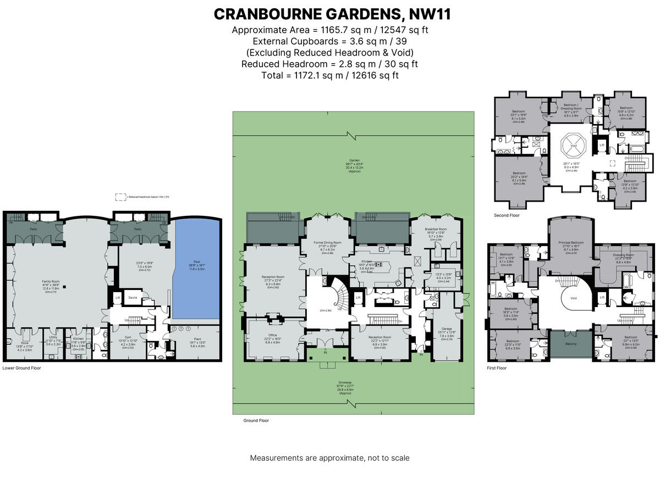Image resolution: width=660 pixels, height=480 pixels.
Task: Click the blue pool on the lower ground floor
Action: (197, 269)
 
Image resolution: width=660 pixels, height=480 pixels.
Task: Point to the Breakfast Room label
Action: (436, 229)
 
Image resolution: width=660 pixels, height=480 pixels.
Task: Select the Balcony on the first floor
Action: (571, 344)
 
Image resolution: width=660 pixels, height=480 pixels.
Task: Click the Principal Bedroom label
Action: (571, 242)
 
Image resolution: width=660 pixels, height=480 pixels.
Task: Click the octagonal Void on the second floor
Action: (574, 146)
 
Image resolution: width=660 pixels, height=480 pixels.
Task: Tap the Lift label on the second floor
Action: (602, 145)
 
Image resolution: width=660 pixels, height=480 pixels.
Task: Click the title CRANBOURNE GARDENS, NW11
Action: (332, 14)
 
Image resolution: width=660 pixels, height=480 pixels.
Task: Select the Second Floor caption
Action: (507, 215)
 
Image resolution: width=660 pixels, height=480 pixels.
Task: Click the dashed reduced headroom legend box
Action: (119, 196)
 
